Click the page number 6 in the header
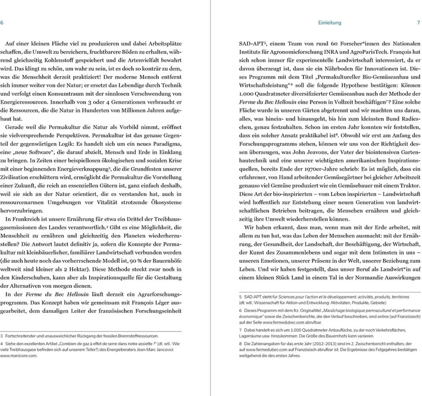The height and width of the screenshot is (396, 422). (2, 23)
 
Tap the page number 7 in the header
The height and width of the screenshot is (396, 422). (418, 23)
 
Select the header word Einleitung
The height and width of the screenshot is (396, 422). (329, 23)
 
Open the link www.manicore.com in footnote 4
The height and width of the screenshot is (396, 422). (19, 356)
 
